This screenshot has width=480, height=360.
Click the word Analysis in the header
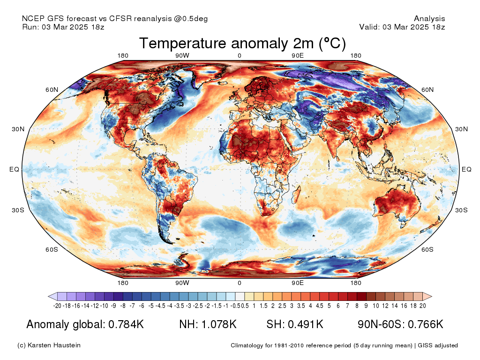[429, 19]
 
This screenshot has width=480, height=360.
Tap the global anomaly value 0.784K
[126, 324]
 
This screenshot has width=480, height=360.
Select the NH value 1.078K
[218, 324]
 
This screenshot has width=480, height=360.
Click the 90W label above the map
[182, 56]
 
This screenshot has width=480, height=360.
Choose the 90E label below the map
[298, 283]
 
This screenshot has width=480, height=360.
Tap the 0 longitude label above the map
[240, 56]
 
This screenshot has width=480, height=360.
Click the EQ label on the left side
[14, 169]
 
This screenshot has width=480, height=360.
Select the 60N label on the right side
[428, 90]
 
